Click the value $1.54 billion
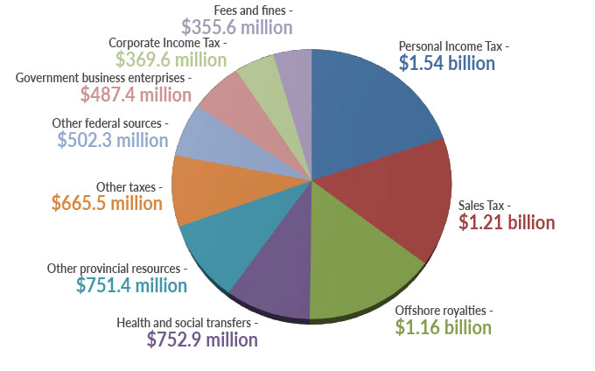click(x=446, y=63)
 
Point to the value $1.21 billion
click(x=507, y=222)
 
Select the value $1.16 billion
click(x=443, y=327)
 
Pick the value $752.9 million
click(x=202, y=339)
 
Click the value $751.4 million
click(x=131, y=285)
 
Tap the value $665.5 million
click(x=107, y=203)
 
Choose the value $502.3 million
click(x=112, y=140)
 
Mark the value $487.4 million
click(x=136, y=94)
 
